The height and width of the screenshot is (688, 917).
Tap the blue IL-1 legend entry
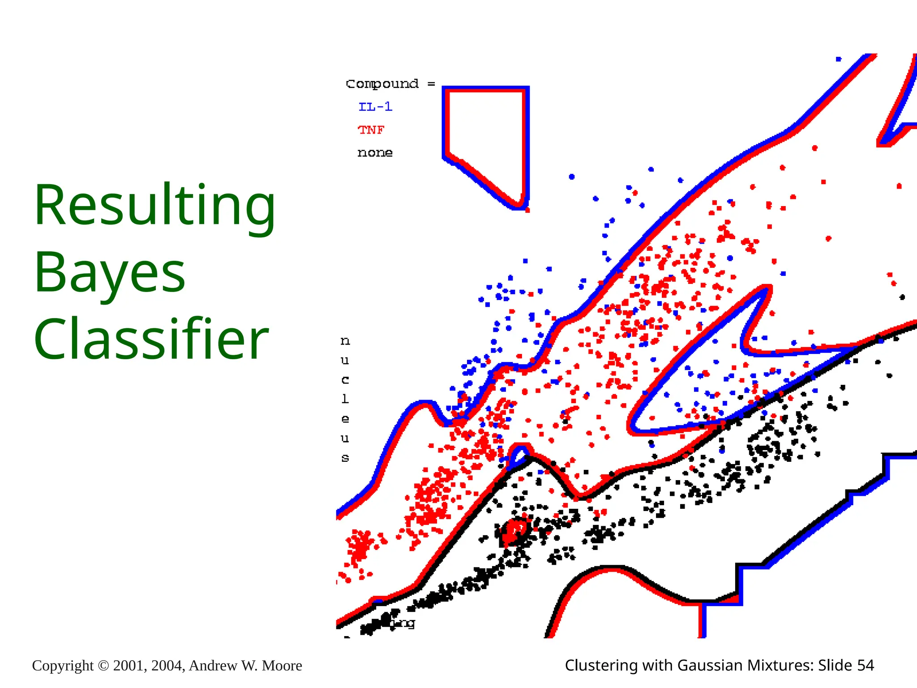pos(375,107)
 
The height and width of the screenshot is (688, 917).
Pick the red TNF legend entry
pos(371,130)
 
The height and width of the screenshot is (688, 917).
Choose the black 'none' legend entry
pos(375,153)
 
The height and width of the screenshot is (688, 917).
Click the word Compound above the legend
pos(382,84)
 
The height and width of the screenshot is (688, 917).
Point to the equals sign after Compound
pos(431,84)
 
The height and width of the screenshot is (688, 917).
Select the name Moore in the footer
pos(282,666)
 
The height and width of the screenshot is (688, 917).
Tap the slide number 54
pos(865,666)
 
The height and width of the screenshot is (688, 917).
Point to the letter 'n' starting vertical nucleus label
pos(345,341)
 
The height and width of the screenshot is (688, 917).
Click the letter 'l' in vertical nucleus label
pos(345,399)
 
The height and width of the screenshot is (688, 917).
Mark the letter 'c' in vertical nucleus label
pos(345,380)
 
